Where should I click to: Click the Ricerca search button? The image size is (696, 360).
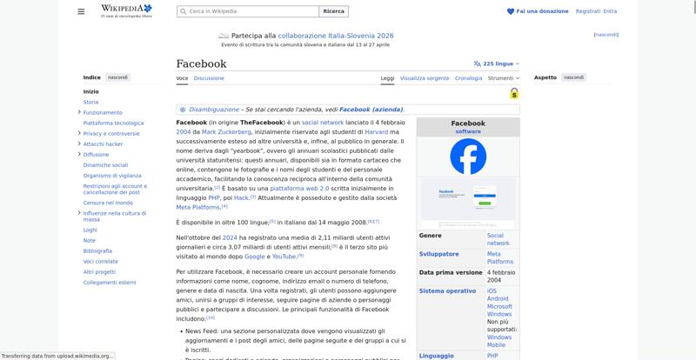(x=334, y=11)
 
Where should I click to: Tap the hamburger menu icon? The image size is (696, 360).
(x=81, y=11)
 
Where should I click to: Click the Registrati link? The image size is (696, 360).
(x=587, y=11)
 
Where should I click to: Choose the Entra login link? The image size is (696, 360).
(x=610, y=11)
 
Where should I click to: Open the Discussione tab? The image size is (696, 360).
(x=209, y=78)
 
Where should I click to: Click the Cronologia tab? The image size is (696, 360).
(x=468, y=78)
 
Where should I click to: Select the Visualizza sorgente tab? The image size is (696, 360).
(x=425, y=78)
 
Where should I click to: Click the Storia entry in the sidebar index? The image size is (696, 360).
(x=90, y=102)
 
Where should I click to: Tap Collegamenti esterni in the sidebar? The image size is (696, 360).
(x=110, y=282)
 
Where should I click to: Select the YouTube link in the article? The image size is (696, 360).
(x=284, y=257)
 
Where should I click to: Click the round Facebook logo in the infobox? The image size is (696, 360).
(x=468, y=157)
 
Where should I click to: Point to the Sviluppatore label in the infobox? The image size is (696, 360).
(x=438, y=254)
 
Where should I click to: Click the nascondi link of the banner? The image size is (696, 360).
(x=606, y=35)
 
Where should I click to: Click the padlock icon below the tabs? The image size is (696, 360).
(x=514, y=93)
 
